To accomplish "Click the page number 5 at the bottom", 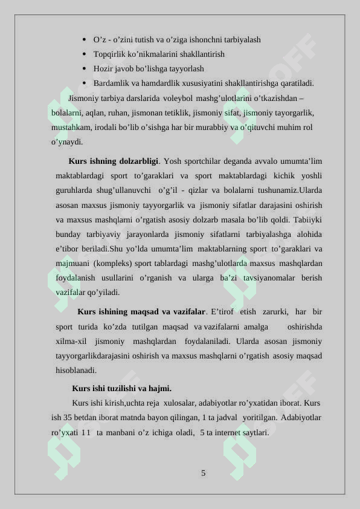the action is coord(204,473).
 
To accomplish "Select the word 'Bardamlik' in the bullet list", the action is coord(111,83).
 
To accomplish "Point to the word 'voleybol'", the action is coord(178,98).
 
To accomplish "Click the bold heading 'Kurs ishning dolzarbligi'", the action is coord(114,161).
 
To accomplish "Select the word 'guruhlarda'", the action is coord(74,190).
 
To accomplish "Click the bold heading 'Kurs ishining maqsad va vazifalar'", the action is coord(141,312).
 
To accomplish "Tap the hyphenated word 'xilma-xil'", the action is coord(71,341).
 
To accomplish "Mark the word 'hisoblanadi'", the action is coord(76,370).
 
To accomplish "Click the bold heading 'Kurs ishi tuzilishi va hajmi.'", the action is coord(121,389).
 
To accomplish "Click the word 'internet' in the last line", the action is coord(228,433).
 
